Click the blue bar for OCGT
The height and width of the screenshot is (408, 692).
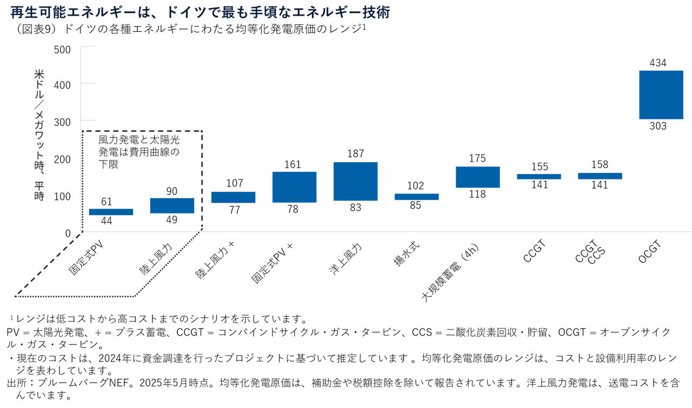[x=661, y=95]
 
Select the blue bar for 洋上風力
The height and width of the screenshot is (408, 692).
[x=355, y=181]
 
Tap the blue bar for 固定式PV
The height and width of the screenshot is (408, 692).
[x=111, y=212]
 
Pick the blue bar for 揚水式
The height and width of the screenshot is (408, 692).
[x=416, y=197]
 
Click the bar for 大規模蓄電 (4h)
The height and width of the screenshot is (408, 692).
[x=477, y=177]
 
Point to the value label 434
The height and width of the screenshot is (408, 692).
[x=658, y=63]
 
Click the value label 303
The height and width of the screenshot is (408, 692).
[x=658, y=126]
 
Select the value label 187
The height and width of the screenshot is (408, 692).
[x=355, y=154]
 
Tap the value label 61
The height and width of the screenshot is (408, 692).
[x=107, y=202]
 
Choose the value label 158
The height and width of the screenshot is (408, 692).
[x=600, y=165]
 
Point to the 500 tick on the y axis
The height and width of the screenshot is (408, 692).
[x=63, y=49]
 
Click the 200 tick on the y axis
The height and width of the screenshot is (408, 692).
[x=63, y=159]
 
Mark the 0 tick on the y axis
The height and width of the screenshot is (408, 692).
[x=68, y=233]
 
